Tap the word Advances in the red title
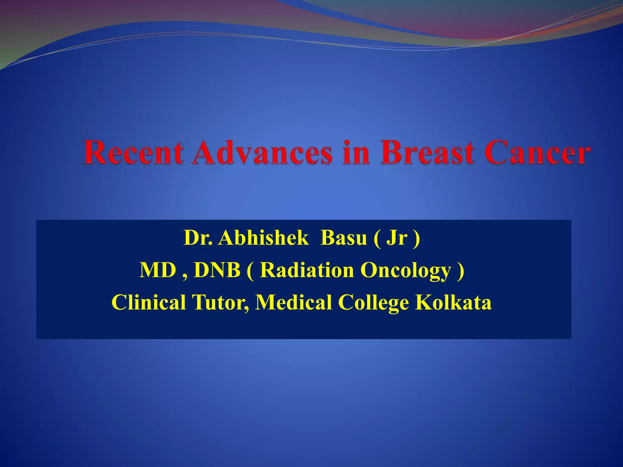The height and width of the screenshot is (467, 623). [x=262, y=153]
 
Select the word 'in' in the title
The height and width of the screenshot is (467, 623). [x=356, y=153]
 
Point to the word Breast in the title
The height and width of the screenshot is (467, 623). [x=427, y=153]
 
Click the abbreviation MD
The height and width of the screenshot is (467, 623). [x=158, y=270]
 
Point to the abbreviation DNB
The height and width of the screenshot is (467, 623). [x=217, y=270]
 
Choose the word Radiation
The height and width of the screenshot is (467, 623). [x=307, y=270]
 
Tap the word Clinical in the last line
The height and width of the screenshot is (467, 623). [x=149, y=302]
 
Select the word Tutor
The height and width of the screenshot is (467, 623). [x=220, y=302]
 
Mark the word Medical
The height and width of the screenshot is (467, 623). [x=293, y=302]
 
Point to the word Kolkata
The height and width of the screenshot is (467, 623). [x=453, y=302]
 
